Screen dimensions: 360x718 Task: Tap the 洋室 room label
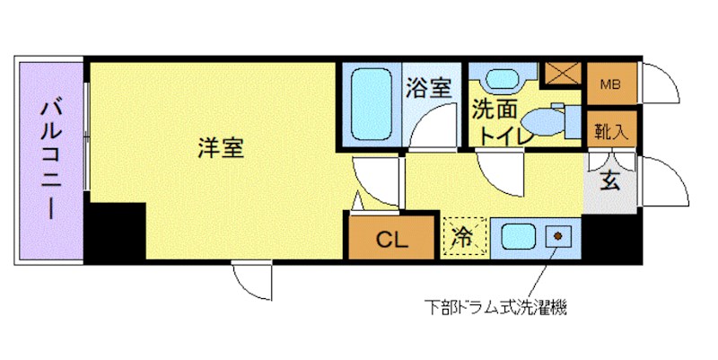click(x=220, y=148)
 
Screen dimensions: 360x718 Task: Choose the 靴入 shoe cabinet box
click(x=611, y=130)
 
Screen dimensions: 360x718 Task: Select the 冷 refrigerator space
click(x=465, y=238)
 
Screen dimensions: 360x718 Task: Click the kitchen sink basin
click(x=517, y=238)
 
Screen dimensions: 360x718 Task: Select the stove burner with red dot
click(x=558, y=237)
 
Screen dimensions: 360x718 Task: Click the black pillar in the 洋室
click(x=116, y=231)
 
